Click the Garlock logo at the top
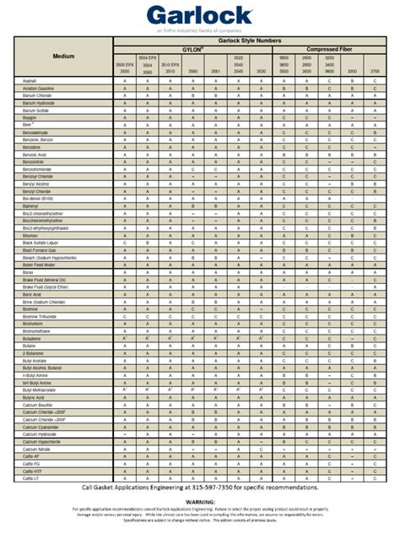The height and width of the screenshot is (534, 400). click(199, 14)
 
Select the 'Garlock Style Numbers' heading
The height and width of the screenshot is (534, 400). click(245, 40)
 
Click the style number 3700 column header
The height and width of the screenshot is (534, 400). click(374, 72)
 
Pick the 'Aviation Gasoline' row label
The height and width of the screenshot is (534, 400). click(37, 88)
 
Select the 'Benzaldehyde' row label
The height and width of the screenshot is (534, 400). click(35, 133)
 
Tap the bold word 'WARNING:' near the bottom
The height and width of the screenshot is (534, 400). click(200, 500)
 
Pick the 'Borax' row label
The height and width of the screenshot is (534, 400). click(27, 272)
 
